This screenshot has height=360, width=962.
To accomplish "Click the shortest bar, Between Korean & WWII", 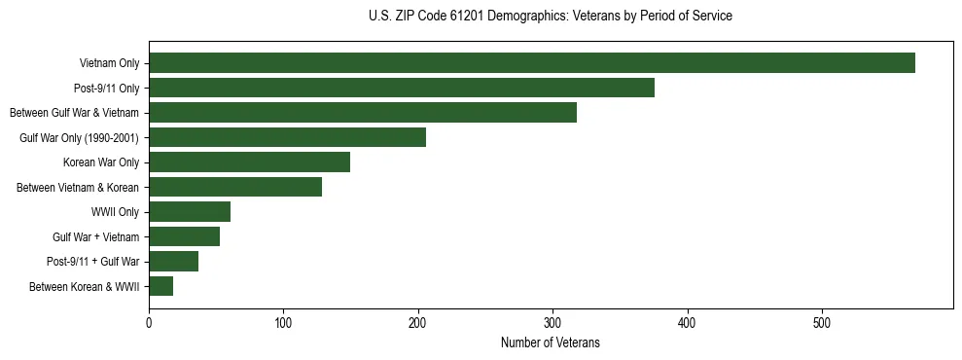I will pyautogui.click(x=160, y=286).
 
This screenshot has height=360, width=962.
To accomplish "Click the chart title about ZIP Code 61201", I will pyautogui.click(x=551, y=17).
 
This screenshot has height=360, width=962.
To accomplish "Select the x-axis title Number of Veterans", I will pyautogui.click(x=551, y=343).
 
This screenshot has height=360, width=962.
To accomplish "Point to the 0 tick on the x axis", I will pyautogui.click(x=149, y=322).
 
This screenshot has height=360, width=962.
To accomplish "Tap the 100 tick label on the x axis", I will pyautogui.click(x=283, y=322).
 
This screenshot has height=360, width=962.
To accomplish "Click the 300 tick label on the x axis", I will pyautogui.click(x=552, y=322).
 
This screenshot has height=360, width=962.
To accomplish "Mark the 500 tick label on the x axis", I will pyautogui.click(x=822, y=322).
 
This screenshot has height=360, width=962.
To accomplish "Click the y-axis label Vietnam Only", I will pyautogui.click(x=109, y=64).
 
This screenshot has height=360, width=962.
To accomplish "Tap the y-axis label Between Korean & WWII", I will pyautogui.click(x=85, y=287).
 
